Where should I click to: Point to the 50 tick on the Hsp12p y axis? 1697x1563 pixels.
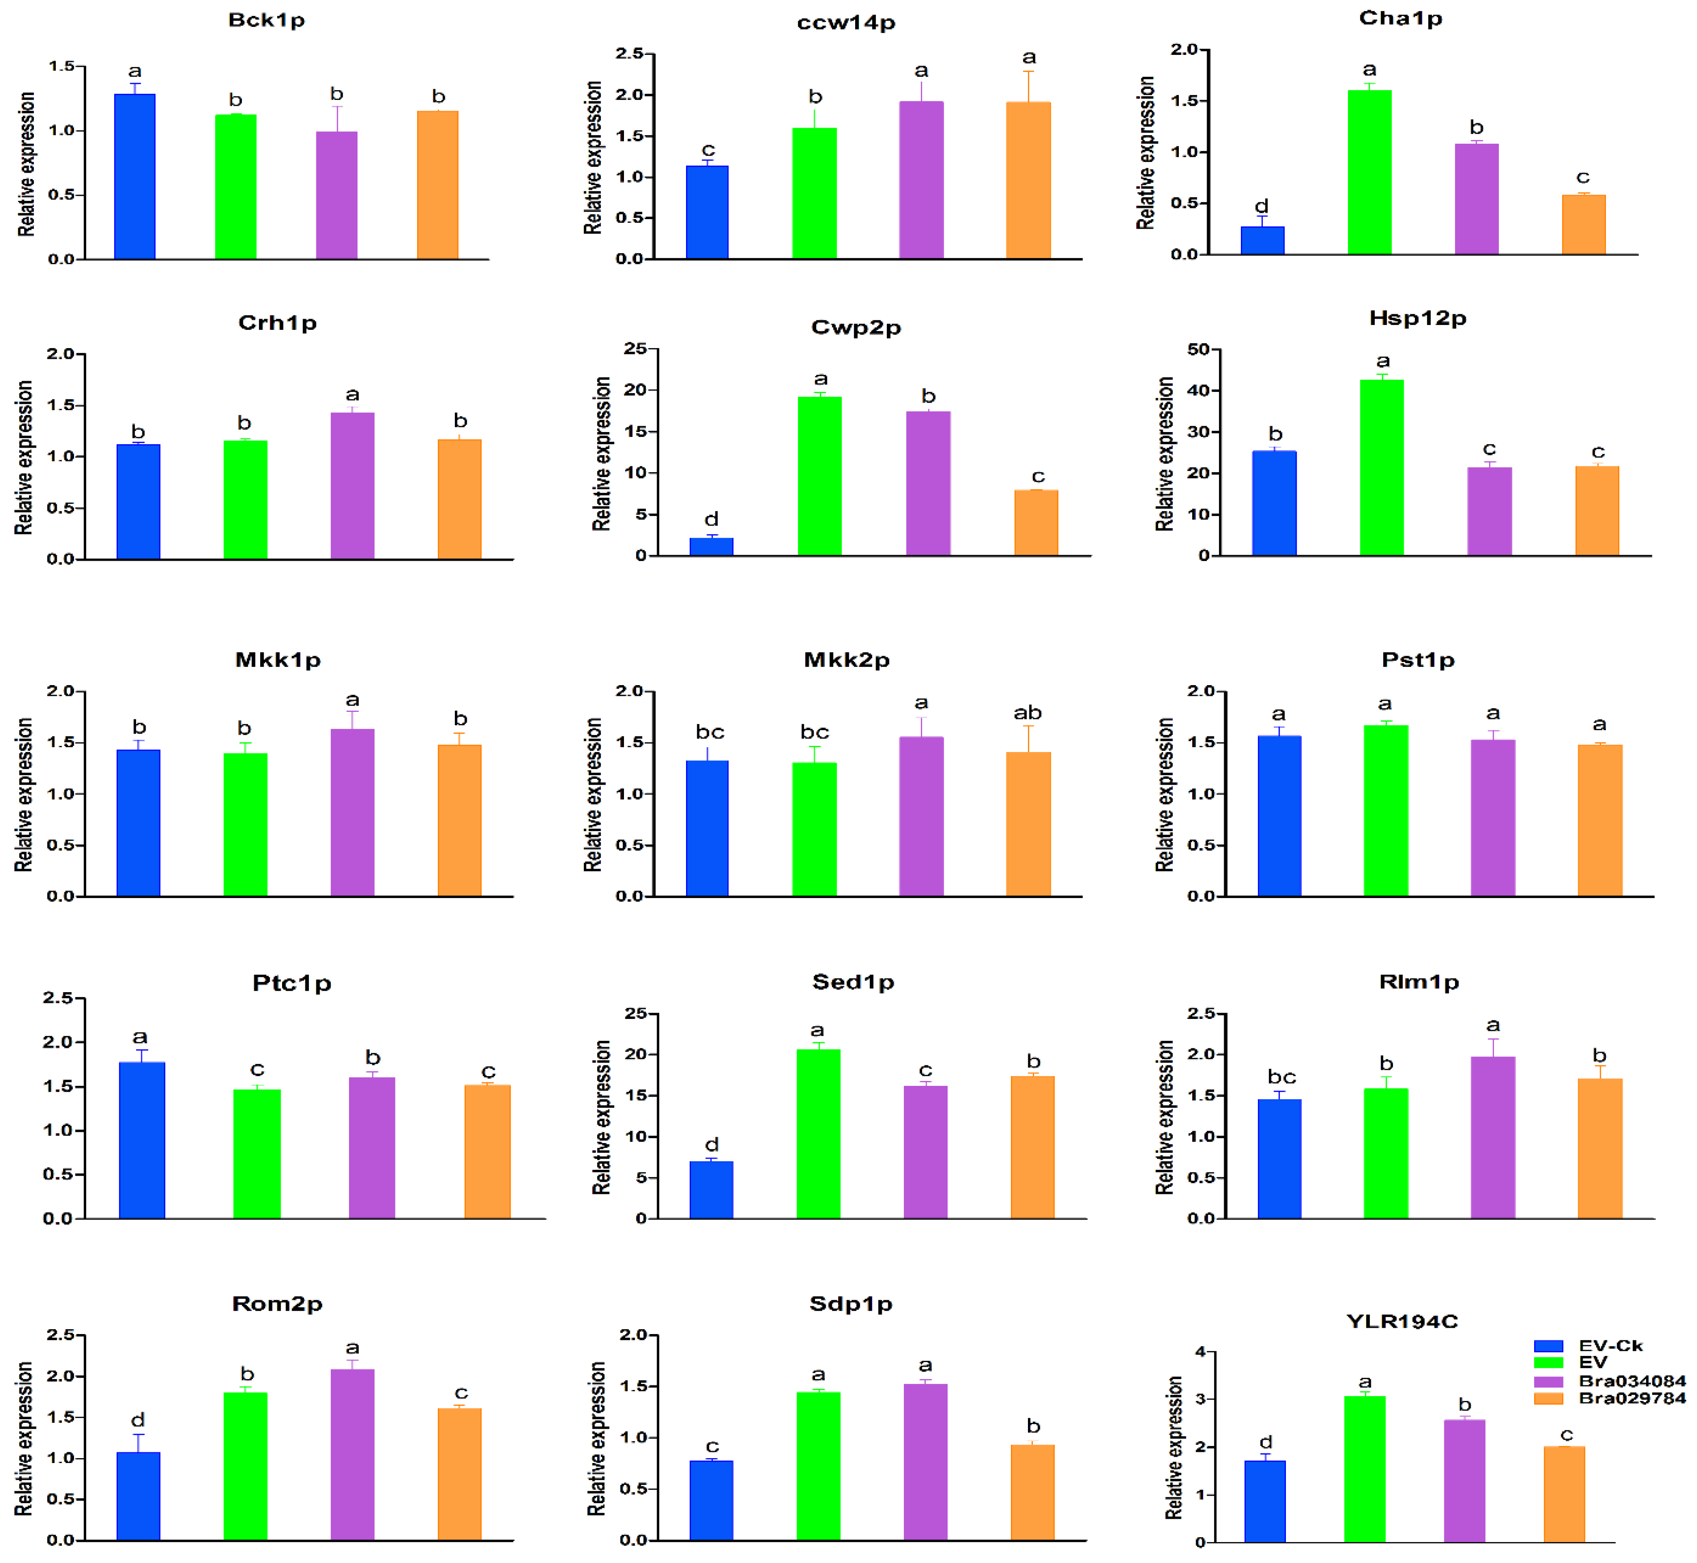tap(1198, 349)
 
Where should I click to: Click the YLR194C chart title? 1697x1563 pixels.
tap(1402, 1321)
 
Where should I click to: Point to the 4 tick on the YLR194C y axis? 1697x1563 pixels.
tap(1200, 1351)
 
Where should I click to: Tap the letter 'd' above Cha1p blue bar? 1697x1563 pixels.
tap(1261, 206)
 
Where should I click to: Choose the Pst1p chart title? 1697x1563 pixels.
tap(1418, 660)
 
